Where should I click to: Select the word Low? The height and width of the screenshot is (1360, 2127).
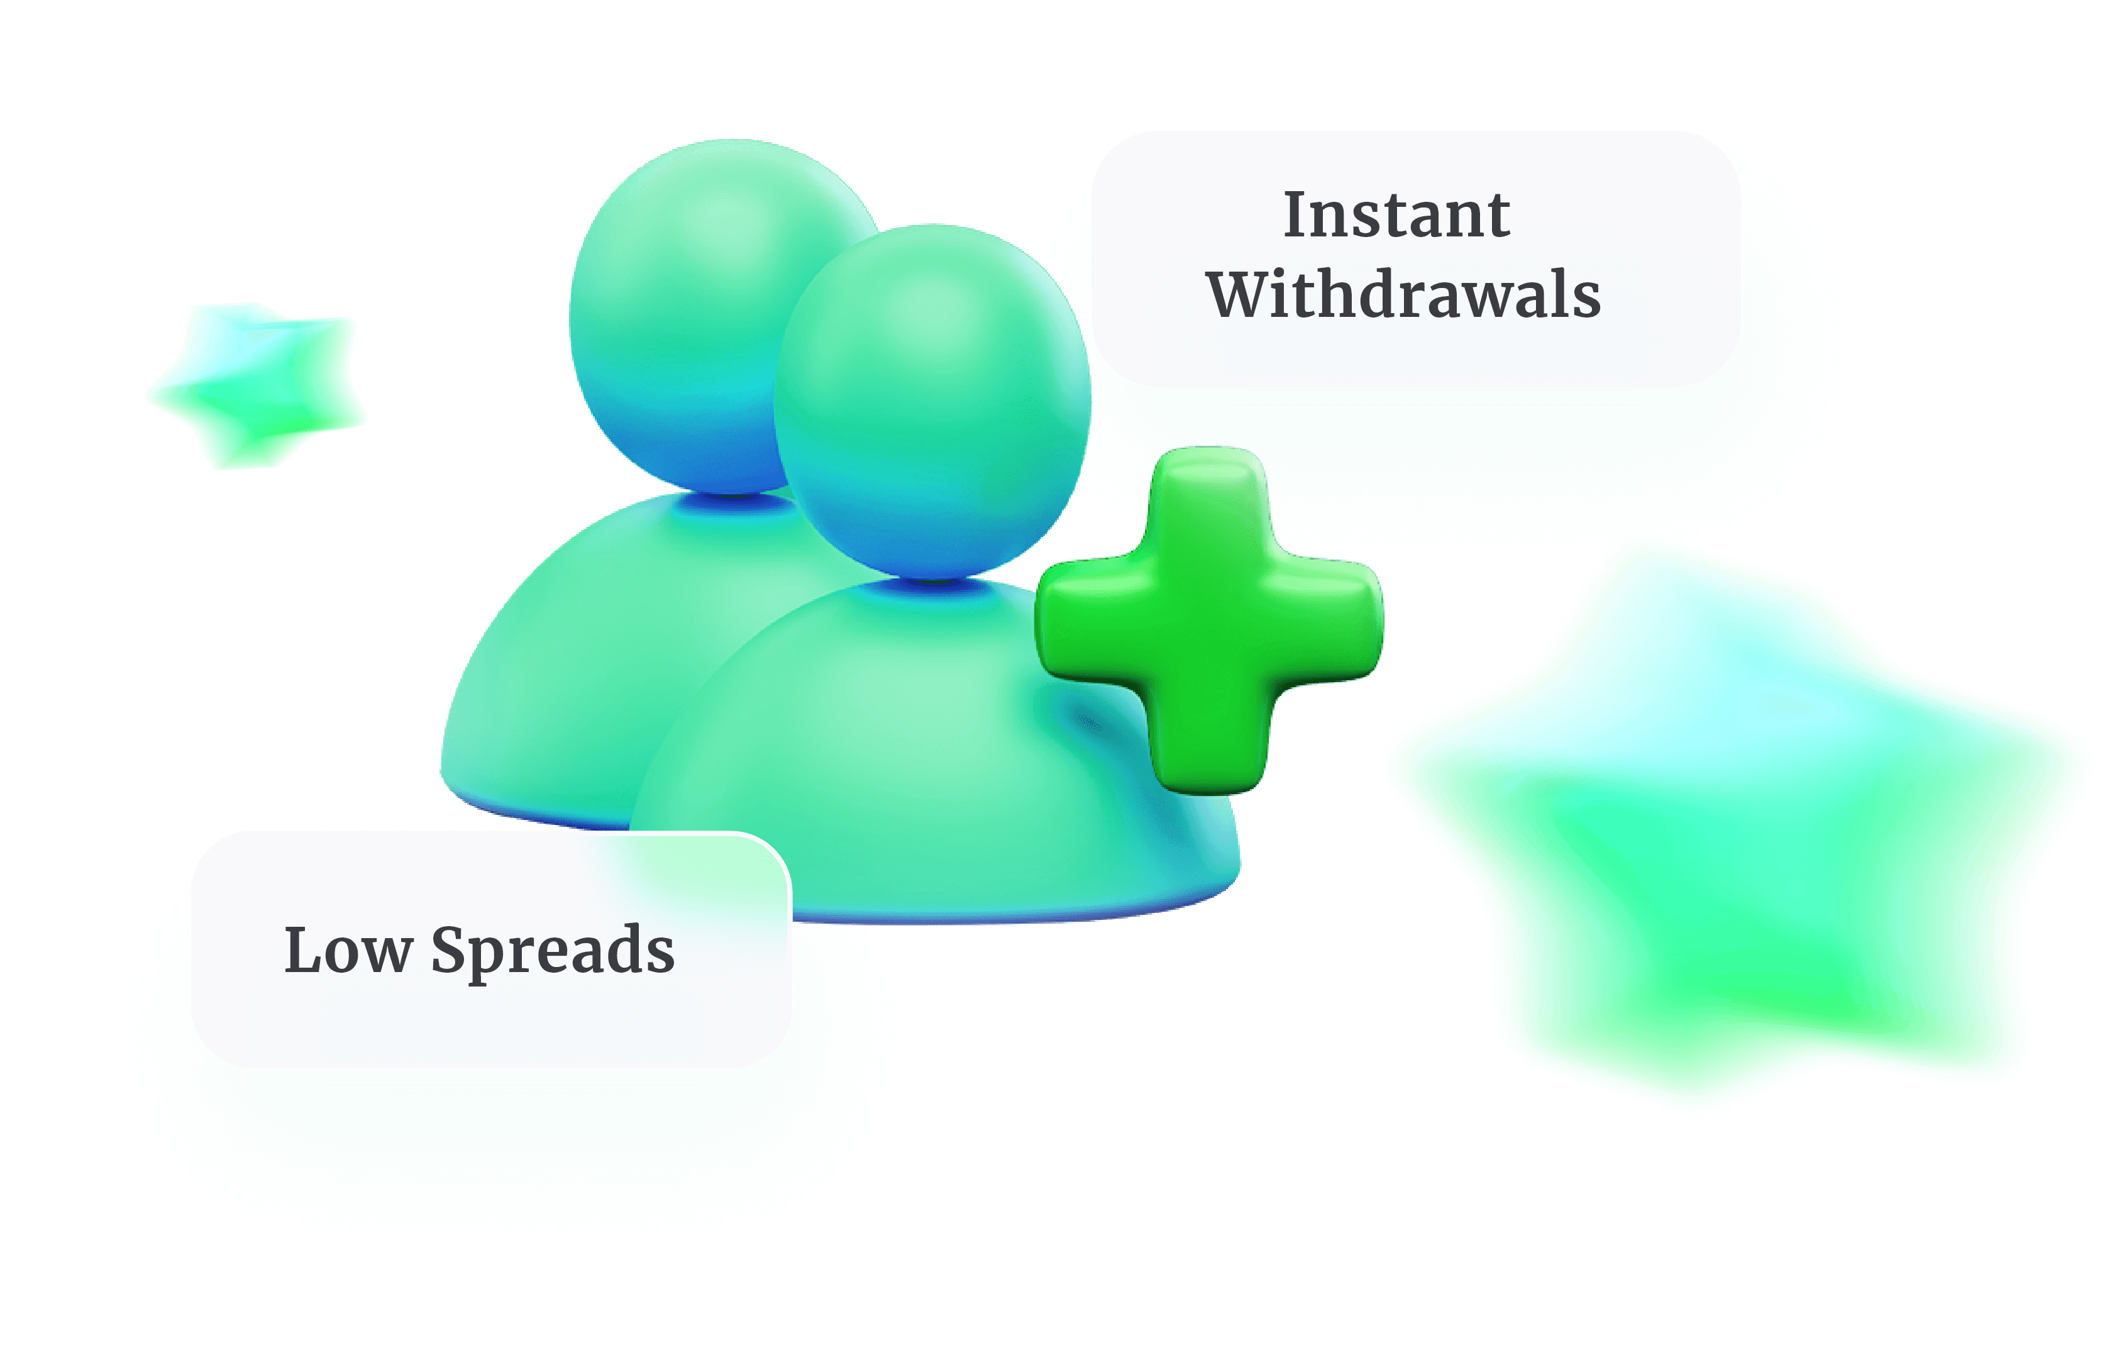[x=348, y=951]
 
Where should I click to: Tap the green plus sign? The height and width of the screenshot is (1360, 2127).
[x=1209, y=621]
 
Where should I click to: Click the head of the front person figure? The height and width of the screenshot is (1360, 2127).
[x=932, y=402]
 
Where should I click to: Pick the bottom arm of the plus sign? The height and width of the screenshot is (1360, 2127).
[x=1210, y=742]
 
